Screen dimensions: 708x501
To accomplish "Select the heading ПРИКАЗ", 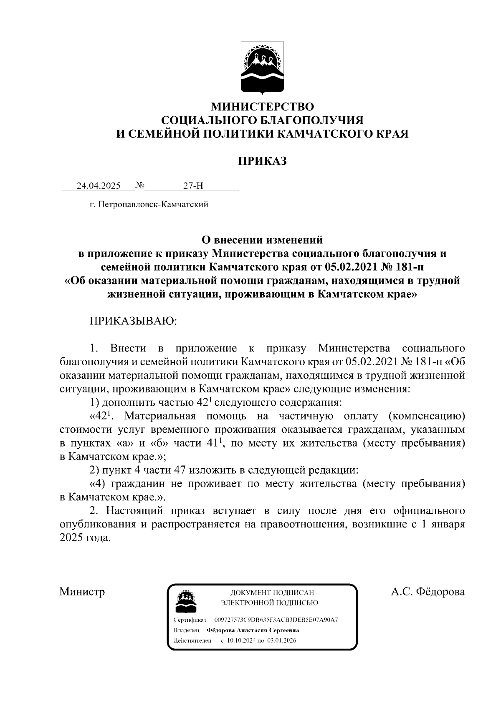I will tap(262, 161).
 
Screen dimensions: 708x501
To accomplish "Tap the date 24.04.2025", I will tap(99, 186).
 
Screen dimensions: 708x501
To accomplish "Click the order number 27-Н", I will tap(193, 186).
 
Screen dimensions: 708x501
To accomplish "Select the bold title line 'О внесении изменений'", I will tap(262, 240).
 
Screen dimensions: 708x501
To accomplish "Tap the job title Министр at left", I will tap(82, 592).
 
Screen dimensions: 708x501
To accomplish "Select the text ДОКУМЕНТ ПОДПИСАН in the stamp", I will tap(272, 593).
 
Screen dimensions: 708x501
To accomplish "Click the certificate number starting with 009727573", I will tap(276, 620).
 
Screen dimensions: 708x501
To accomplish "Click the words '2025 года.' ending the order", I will tap(86, 538).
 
